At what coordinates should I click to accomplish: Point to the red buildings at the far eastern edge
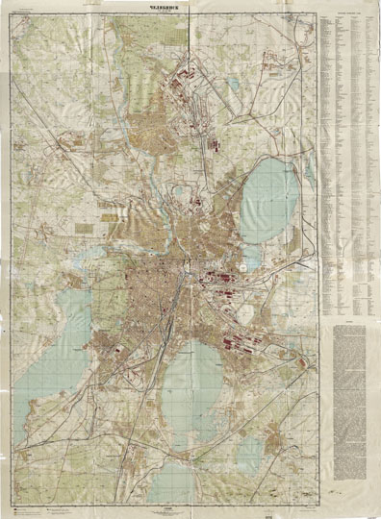(305, 362)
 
